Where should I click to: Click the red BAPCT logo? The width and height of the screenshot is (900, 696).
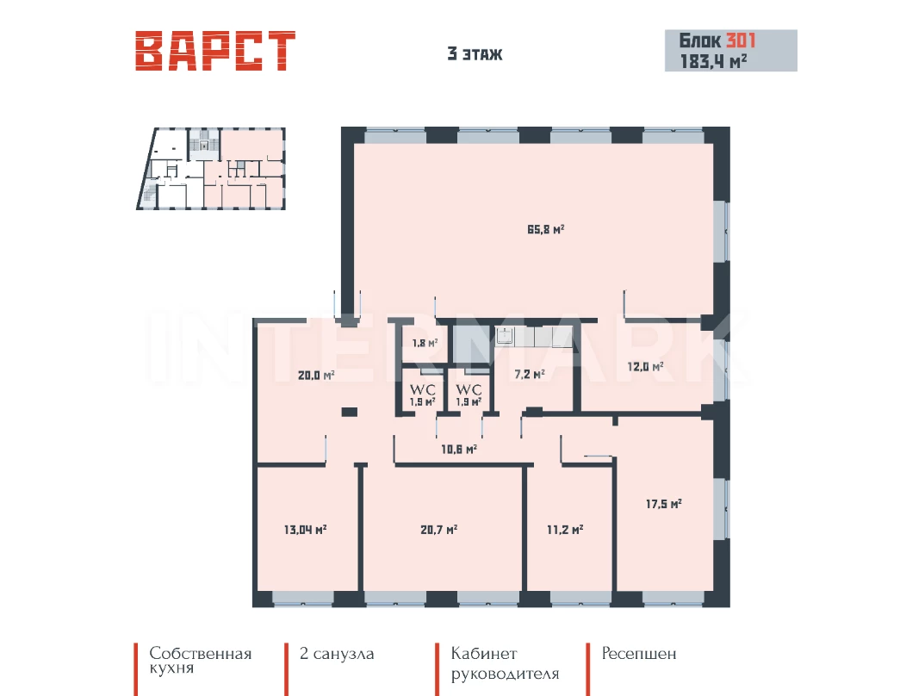pyautogui.click(x=215, y=51)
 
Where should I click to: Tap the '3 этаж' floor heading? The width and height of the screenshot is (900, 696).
pyautogui.click(x=475, y=54)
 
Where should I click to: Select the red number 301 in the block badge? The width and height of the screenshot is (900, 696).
pyautogui.click(x=741, y=40)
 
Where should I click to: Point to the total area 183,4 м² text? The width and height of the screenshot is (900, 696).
pyautogui.click(x=713, y=61)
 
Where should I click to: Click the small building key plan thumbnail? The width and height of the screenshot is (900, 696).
pyautogui.click(x=211, y=168)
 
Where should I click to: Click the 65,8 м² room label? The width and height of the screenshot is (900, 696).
pyautogui.click(x=545, y=229)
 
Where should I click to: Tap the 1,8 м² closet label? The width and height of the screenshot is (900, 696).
pyautogui.click(x=425, y=343)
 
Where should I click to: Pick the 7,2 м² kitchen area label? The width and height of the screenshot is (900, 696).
pyautogui.click(x=529, y=375)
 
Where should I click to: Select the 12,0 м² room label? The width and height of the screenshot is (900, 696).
pyautogui.click(x=645, y=366)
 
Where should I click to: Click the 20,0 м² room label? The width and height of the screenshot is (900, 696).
pyautogui.click(x=316, y=376)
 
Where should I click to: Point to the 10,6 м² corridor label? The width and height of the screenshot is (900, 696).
pyautogui.click(x=458, y=449)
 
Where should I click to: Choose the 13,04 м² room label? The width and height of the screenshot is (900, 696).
pyautogui.click(x=306, y=530)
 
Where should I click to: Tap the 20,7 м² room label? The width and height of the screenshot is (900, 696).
pyautogui.click(x=438, y=530)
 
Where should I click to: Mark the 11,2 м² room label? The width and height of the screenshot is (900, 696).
pyautogui.click(x=565, y=530)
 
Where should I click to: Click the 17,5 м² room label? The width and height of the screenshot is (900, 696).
pyautogui.click(x=663, y=504)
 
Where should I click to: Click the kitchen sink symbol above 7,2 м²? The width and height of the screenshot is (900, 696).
pyautogui.click(x=505, y=336)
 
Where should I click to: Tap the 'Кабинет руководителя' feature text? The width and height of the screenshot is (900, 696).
pyautogui.click(x=505, y=663)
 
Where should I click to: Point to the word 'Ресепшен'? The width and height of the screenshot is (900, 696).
pyautogui.click(x=639, y=654)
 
